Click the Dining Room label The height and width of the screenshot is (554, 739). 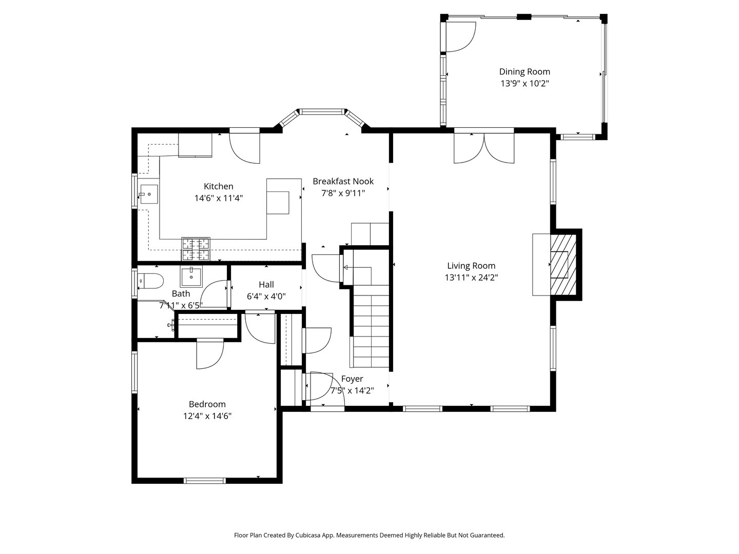point(524,72)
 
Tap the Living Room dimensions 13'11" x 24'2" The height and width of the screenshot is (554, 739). point(471,278)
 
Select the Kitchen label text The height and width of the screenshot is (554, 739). point(219,186)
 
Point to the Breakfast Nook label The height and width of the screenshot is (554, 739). point(343,181)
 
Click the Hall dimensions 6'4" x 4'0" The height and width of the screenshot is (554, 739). point(266,296)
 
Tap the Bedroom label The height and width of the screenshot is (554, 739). point(207,404)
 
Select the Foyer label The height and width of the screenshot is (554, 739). point(352,379)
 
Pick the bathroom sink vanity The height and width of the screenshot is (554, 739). point(191,276)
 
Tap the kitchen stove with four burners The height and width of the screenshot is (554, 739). point(196,249)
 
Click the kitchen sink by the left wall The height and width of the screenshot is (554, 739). point(149,195)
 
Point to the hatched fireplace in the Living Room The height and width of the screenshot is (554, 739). point(564,264)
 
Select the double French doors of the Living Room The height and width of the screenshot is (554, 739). point(484,148)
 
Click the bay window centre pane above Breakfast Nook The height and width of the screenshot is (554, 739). point(322,111)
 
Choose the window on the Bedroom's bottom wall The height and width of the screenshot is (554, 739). point(205,481)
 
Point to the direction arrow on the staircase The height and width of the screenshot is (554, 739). point(346,267)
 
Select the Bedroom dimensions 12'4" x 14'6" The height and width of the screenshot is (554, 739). point(207,417)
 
